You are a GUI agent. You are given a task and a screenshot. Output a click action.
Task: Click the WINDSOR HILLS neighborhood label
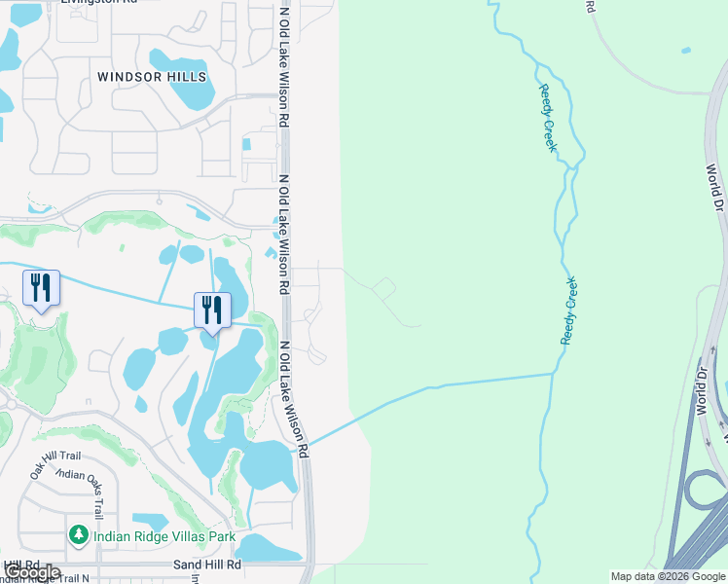pos(152,76)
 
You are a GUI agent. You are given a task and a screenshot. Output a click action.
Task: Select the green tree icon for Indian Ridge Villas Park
pos(78,534)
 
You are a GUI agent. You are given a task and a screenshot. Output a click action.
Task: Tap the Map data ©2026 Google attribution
pos(668,576)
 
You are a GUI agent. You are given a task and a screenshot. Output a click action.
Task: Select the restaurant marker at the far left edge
pos(41,287)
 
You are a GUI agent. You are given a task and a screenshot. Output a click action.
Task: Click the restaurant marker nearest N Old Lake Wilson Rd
pos(212,310)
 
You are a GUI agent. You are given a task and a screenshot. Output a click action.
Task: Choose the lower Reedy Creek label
pos(569,310)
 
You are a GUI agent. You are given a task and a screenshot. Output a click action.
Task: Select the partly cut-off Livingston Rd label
pos(98,3)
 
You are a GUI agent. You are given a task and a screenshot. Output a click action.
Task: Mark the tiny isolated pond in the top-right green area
pos(687,50)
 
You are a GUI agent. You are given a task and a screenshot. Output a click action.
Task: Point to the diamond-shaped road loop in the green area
pos(383,288)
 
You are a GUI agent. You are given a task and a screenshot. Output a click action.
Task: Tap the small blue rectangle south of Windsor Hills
pos(245,144)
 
